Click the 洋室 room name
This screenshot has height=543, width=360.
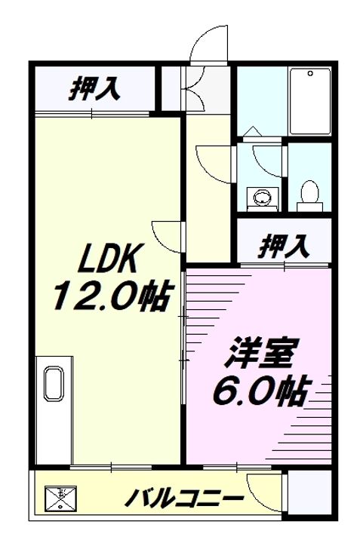(x=259, y=354)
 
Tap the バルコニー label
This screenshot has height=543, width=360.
(x=185, y=499)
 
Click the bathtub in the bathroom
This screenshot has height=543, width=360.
(x=310, y=102)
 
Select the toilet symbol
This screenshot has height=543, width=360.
(x=308, y=194)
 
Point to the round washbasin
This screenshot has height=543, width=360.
(x=262, y=198)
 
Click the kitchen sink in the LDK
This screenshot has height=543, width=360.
(x=54, y=383)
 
